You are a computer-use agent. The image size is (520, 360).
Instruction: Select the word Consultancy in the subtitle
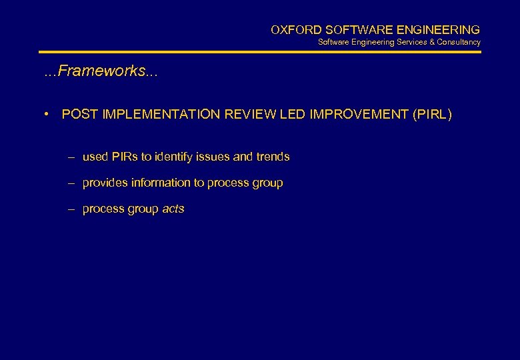[459, 42]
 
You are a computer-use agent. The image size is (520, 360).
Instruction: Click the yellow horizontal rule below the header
[259, 52]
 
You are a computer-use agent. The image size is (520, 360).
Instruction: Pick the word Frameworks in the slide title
[100, 71]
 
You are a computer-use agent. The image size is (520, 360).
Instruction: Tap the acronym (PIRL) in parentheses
[432, 115]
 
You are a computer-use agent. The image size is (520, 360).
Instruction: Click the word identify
[174, 157]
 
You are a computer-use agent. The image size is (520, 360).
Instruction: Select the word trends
[273, 157]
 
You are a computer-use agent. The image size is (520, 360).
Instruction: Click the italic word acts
[173, 209]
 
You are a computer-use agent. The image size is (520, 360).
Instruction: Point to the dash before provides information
[71, 183]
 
